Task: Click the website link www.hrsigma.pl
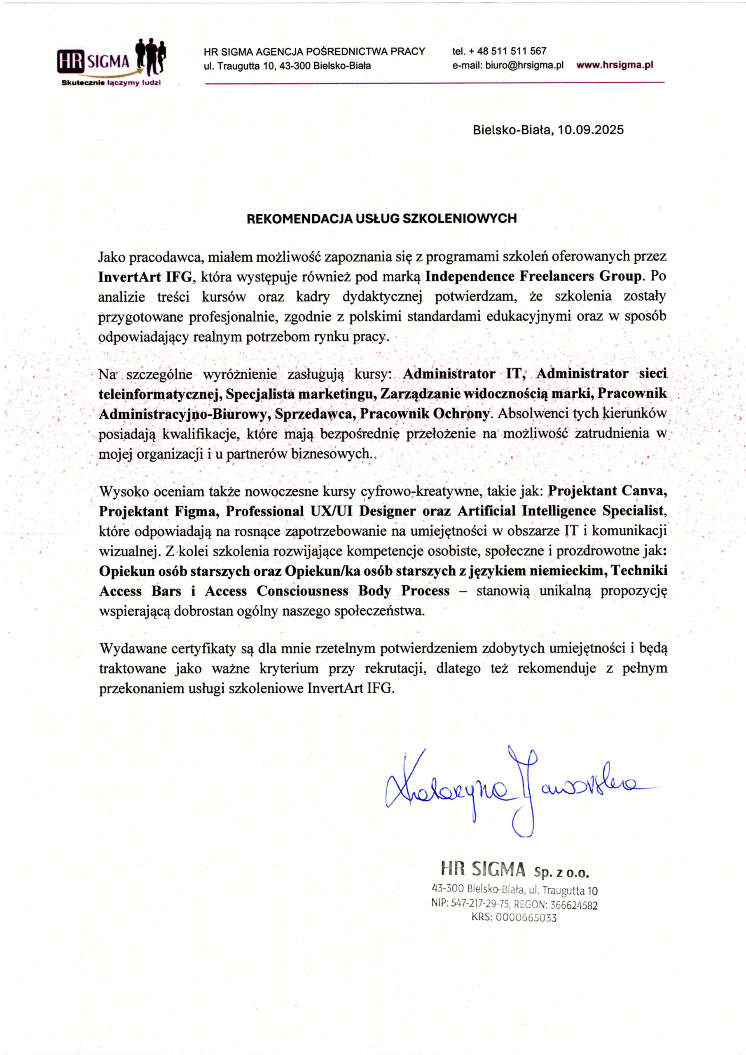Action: click(614, 65)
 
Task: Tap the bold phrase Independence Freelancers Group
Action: click(533, 277)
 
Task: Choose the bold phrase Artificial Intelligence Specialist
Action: click(560, 511)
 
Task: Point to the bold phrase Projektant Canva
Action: click(607, 491)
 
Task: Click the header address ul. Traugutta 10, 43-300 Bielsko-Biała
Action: click(287, 66)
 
